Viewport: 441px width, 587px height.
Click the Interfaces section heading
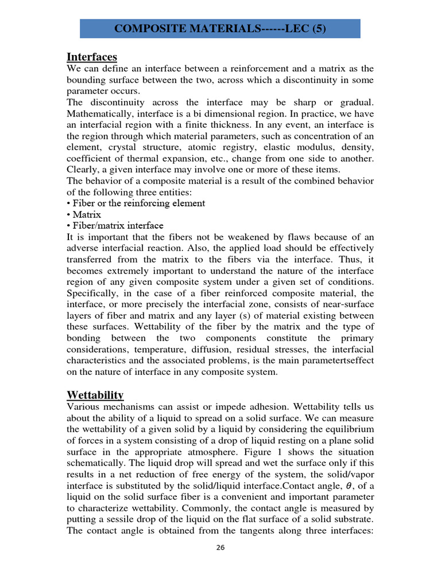click(x=92, y=57)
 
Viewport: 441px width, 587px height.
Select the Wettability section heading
click(x=95, y=395)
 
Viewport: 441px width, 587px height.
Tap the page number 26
click(x=220, y=547)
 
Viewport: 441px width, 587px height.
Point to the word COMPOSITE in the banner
click(x=144, y=29)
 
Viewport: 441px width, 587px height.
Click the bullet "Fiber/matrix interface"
click(x=115, y=225)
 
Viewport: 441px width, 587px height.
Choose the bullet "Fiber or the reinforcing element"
click(x=136, y=203)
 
